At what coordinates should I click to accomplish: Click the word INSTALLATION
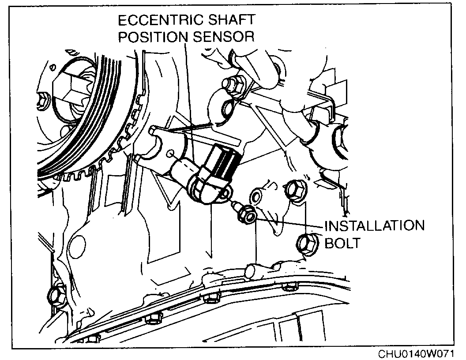pyautogui.click(x=375, y=225)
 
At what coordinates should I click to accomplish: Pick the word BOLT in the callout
pyautogui.click(x=343, y=243)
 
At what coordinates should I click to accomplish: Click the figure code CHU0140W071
pyautogui.click(x=415, y=354)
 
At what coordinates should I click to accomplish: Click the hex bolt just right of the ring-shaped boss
pyautogui.click(x=293, y=190)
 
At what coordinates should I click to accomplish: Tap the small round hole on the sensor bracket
pyautogui.click(x=171, y=154)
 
